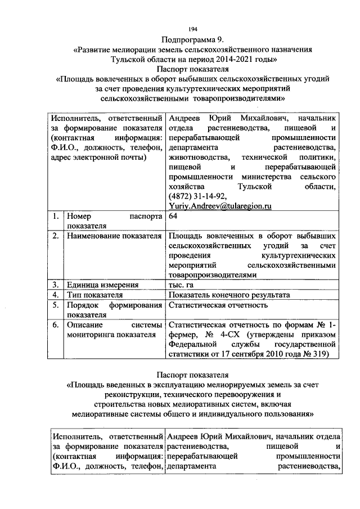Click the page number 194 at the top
coord(193,29)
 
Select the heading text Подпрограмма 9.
coord(192,39)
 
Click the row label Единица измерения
coord(99,285)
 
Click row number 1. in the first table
coord(56,216)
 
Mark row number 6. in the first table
coord(56,325)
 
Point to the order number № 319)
coord(317,354)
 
